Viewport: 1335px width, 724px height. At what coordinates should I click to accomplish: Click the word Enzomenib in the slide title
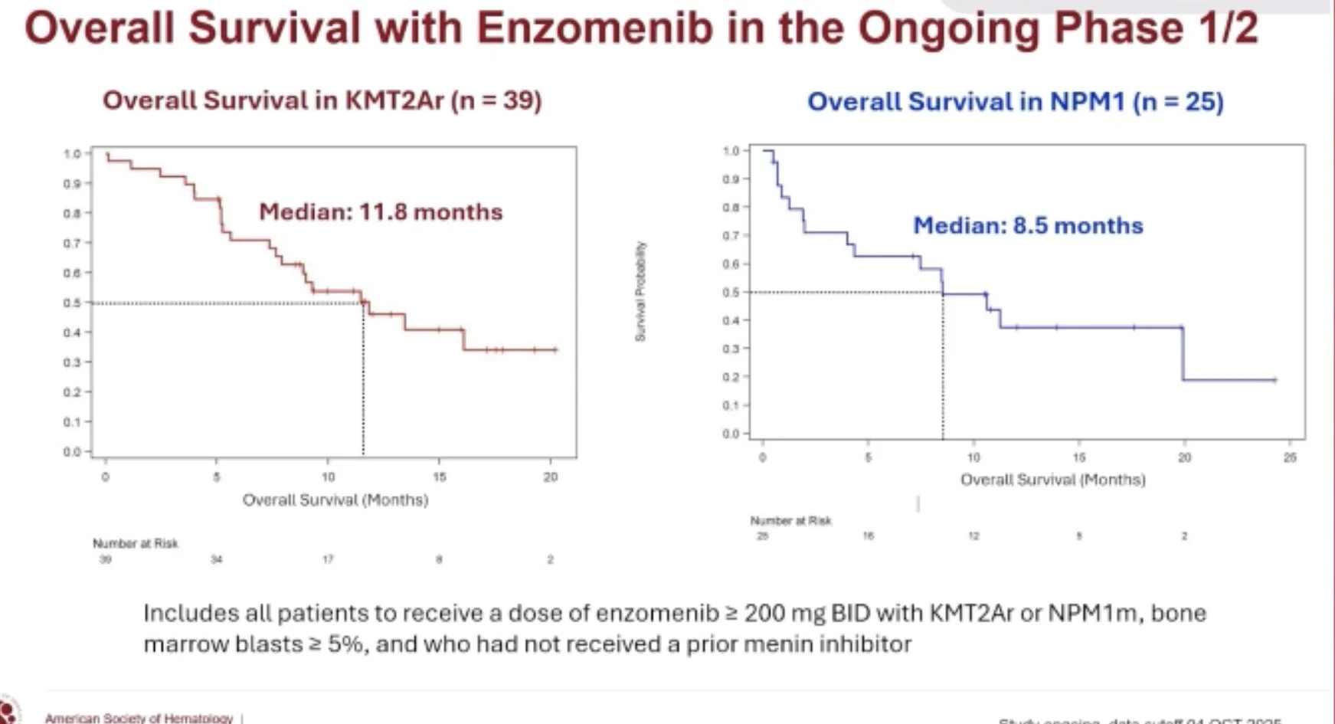tap(594, 29)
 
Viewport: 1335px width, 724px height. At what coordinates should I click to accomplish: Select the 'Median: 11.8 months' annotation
tap(381, 211)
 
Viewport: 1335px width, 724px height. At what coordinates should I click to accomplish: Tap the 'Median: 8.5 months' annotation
tap(1028, 225)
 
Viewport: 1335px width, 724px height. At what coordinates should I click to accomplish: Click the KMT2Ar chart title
tap(322, 100)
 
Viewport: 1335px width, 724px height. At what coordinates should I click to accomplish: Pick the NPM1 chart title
tap(1015, 102)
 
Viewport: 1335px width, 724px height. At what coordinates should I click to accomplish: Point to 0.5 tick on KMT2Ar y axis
tap(72, 303)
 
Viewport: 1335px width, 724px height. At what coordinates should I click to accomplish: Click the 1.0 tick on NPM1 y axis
tap(731, 151)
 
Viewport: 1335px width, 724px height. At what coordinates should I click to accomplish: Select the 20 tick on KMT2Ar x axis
tap(551, 477)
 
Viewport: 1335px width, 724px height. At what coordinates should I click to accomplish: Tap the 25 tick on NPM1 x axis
tap(1290, 457)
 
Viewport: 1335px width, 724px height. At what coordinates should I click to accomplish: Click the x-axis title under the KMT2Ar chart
tap(335, 500)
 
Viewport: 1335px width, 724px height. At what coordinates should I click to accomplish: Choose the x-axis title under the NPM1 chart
tap(1053, 480)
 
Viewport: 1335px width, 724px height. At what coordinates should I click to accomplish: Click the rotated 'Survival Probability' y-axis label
tap(640, 291)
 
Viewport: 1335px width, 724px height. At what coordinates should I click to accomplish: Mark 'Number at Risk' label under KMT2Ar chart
tap(136, 543)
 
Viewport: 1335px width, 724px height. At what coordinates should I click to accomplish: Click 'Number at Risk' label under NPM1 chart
tap(790, 520)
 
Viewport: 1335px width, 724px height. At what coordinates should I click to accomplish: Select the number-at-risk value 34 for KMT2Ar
tap(217, 559)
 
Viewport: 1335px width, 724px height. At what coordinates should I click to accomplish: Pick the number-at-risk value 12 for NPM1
tap(973, 536)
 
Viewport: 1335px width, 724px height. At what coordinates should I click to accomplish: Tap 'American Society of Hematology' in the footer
tap(139, 718)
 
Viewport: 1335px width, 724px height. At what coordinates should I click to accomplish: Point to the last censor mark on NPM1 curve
tap(1274, 379)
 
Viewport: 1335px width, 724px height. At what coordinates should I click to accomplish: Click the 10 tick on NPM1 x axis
tap(973, 457)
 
